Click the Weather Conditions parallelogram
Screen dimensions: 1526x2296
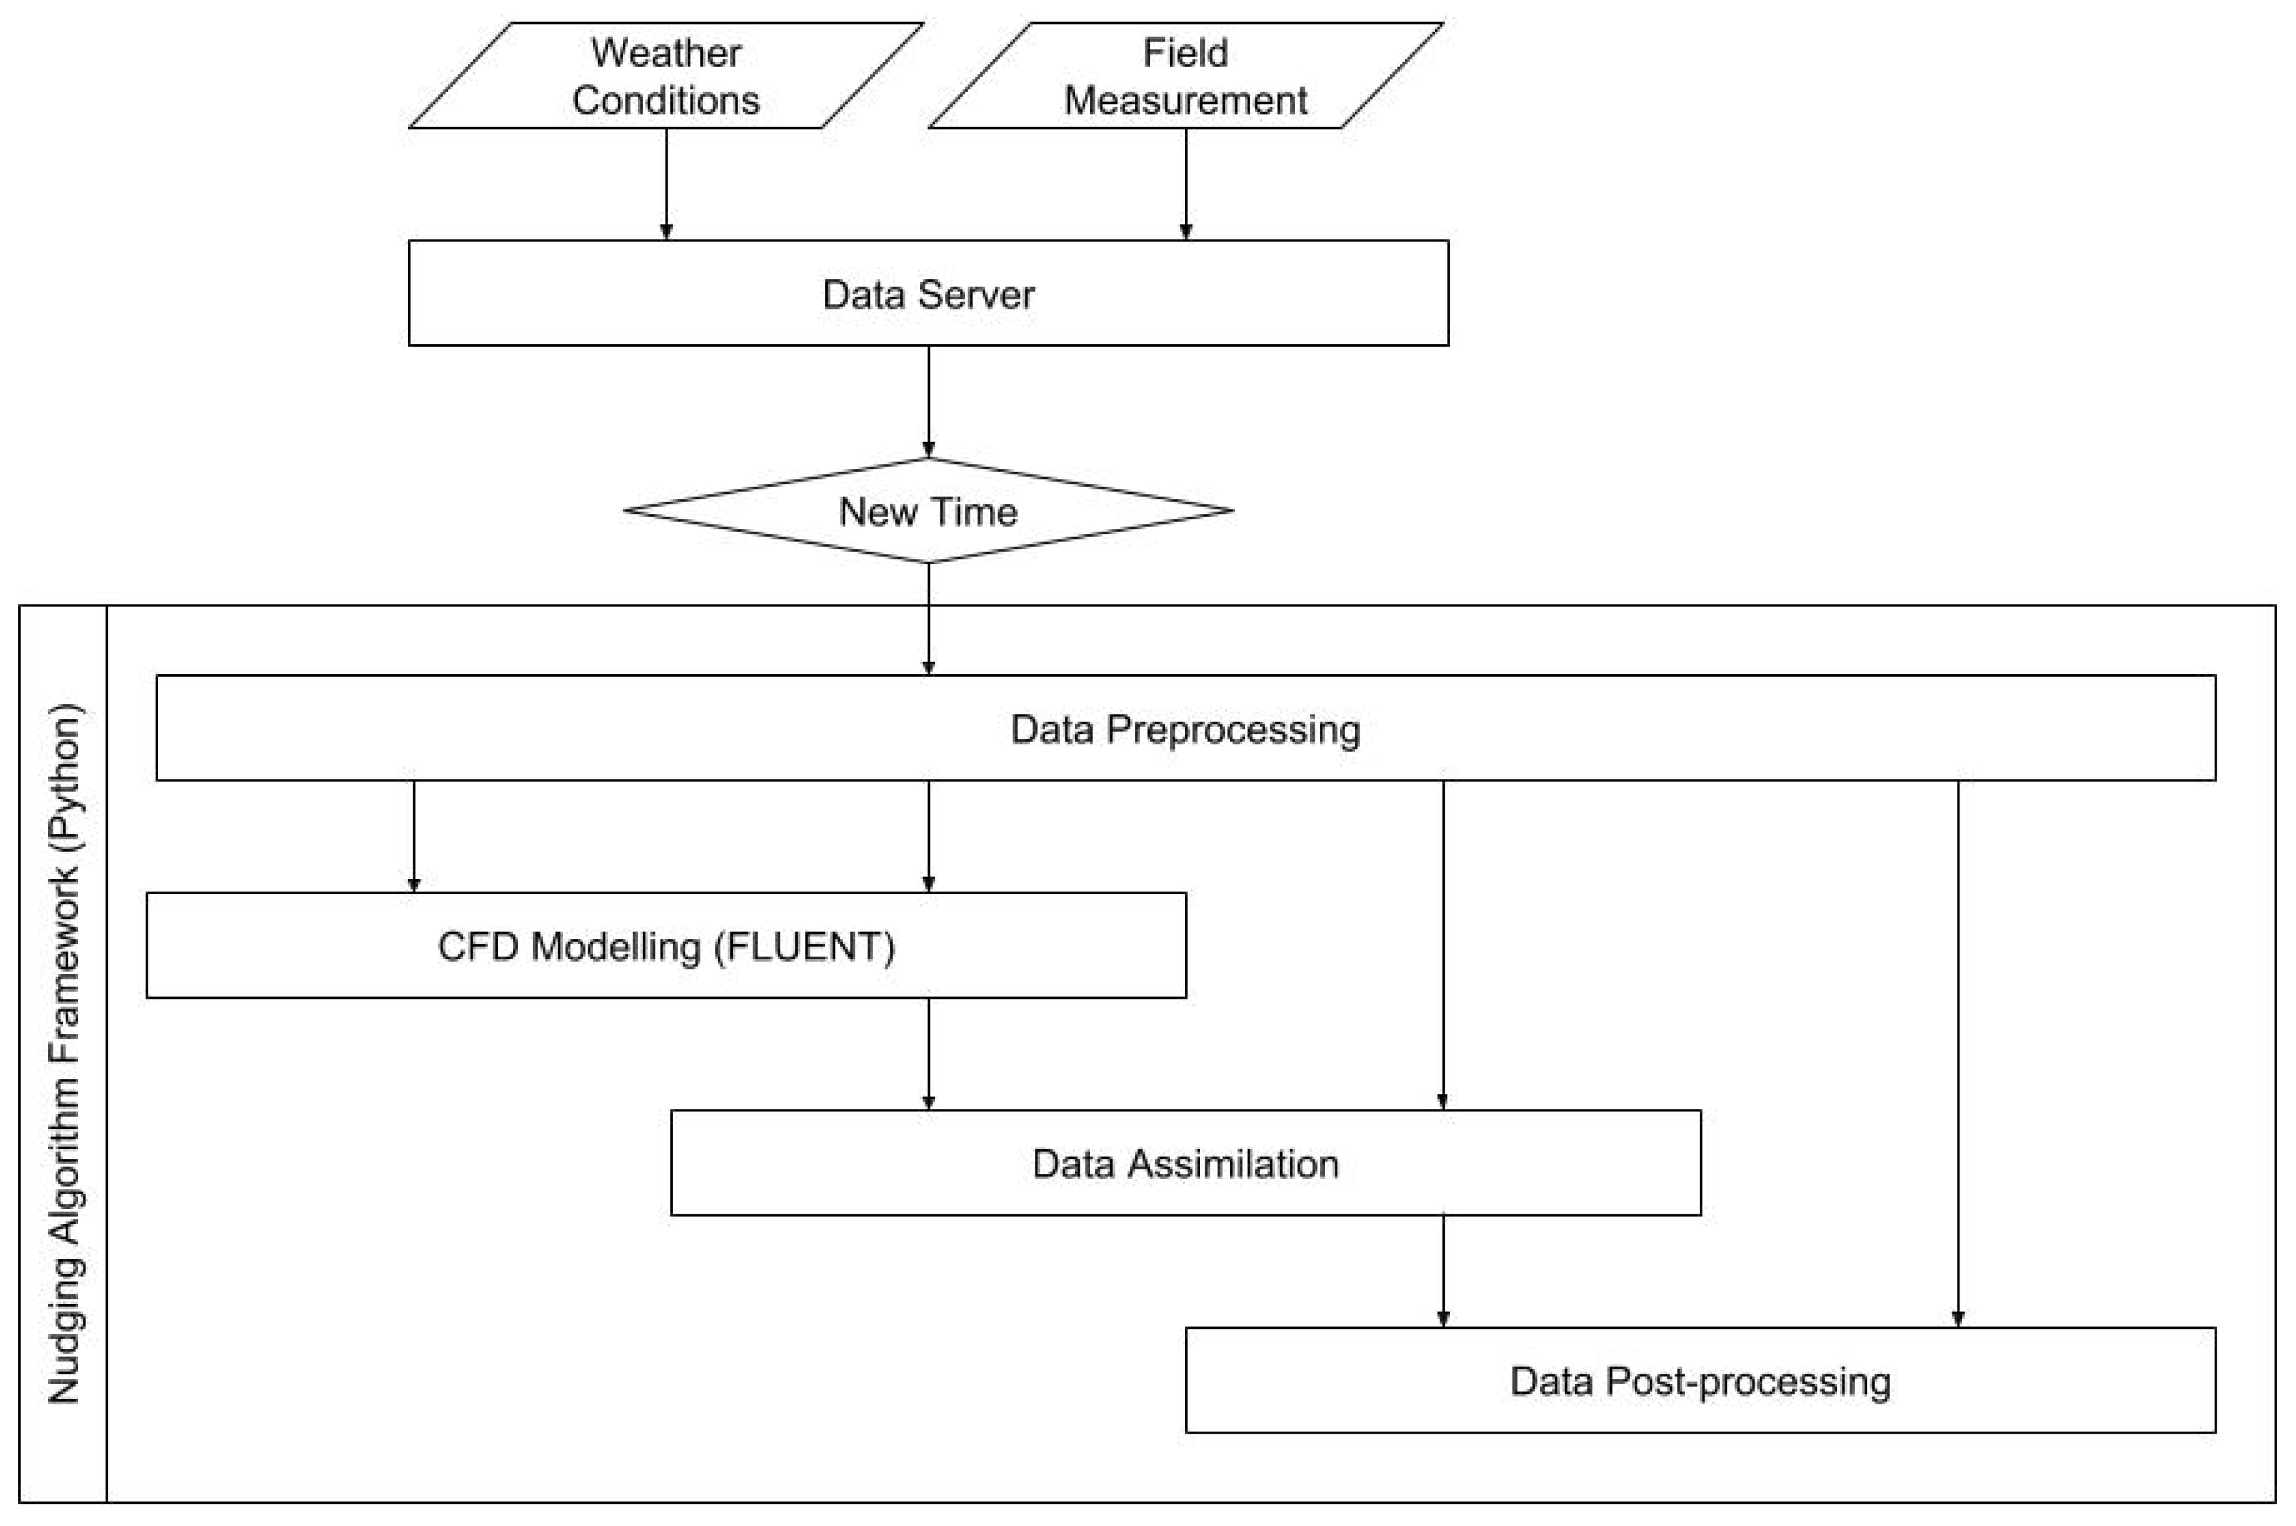[666, 76]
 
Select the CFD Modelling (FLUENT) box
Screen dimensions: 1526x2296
[666, 946]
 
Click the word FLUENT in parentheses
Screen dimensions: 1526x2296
[804, 947]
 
